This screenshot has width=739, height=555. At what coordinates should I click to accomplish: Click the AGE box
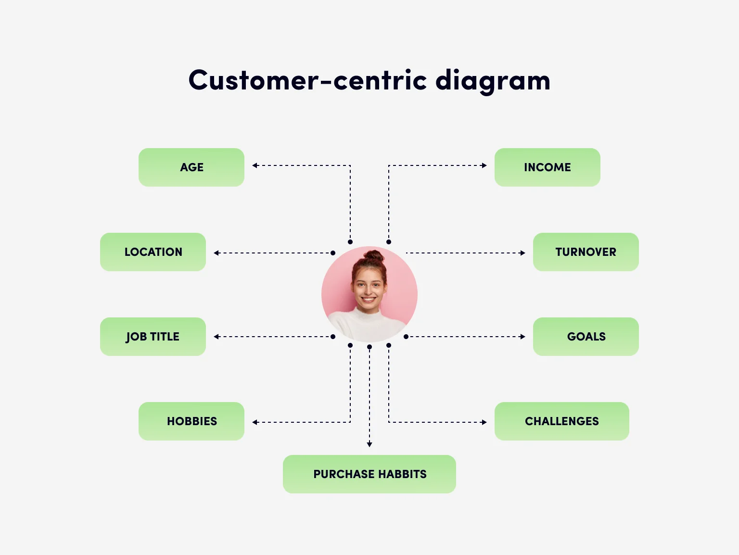(x=191, y=167)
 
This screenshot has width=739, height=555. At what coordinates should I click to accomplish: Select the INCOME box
(x=547, y=167)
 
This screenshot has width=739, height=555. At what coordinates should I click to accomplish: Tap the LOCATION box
(x=153, y=252)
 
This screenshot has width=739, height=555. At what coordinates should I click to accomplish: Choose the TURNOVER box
(x=586, y=252)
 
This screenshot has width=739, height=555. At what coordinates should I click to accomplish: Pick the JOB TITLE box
(x=153, y=337)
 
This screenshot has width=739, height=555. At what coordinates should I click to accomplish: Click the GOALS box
(x=586, y=337)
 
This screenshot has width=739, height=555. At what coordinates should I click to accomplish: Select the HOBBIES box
(x=191, y=421)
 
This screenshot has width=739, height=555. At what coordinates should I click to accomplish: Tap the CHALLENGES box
(x=561, y=421)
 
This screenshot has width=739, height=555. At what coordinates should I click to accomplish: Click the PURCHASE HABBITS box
(x=369, y=474)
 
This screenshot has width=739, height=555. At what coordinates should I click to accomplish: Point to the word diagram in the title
(x=493, y=81)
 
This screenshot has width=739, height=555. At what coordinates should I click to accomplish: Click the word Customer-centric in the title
(x=308, y=80)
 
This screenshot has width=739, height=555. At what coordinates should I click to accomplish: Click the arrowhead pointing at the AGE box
(x=255, y=165)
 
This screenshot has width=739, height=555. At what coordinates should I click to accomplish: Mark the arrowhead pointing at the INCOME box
(x=484, y=165)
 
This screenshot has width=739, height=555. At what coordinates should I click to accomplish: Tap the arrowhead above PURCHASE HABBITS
(x=369, y=444)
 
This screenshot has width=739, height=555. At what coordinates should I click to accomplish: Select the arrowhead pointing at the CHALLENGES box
(x=484, y=422)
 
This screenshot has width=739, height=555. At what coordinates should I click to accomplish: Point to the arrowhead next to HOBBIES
(x=255, y=422)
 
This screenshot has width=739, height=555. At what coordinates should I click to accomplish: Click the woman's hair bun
(x=373, y=256)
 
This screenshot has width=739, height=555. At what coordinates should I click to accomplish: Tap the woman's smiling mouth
(x=369, y=300)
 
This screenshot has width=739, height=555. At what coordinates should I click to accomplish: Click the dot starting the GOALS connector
(x=406, y=337)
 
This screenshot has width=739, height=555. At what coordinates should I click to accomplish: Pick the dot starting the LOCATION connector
(x=333, y=253)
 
